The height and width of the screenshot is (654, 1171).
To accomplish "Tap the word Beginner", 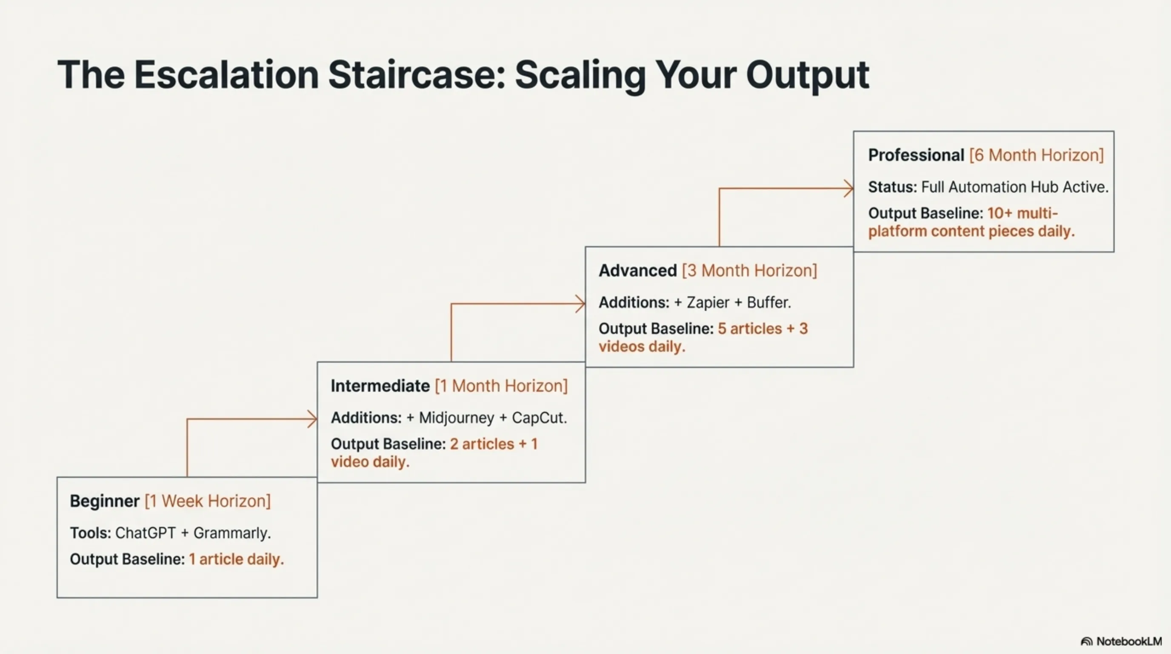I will [x=105, y=501].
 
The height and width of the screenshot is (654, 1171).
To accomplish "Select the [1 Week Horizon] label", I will [x=208, y=501].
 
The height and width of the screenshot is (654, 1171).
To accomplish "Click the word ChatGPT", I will [x=145, y=533].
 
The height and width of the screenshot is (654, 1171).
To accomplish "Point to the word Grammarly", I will [x=231, y=533].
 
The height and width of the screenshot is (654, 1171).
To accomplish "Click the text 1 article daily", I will [x=237, y=559].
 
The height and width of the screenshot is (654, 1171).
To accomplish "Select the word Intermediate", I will [x=380, y=386].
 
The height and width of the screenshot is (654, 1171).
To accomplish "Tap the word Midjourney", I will [x=457, y=418].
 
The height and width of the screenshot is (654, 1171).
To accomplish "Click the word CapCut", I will [x=539, y=418].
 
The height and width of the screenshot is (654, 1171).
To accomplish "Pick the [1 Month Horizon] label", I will [x=501, y=386].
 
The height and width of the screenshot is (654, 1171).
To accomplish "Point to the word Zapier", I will [x=708, y=302].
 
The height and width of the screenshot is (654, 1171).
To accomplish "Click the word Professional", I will [x=916, y=155].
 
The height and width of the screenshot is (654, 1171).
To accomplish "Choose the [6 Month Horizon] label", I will [x=1037, y=155].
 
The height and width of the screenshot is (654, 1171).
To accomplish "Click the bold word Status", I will [x=892, y=187].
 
